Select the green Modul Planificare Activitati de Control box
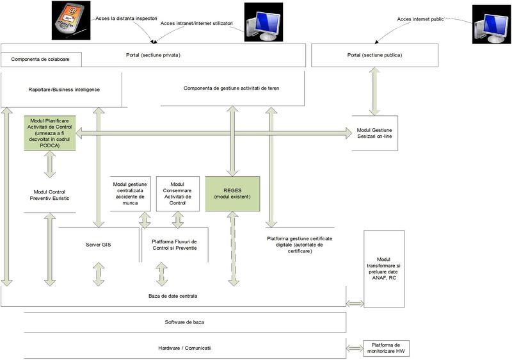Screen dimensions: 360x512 [50, 133]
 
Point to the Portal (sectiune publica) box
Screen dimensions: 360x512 [374, 55]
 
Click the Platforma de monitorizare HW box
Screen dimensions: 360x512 [385, 348]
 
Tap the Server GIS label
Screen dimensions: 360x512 [98, 245]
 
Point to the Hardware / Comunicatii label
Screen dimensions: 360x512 [184, 348]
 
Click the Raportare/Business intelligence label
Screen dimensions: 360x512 [64, 90]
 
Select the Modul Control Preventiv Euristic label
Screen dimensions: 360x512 [50, 195]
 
